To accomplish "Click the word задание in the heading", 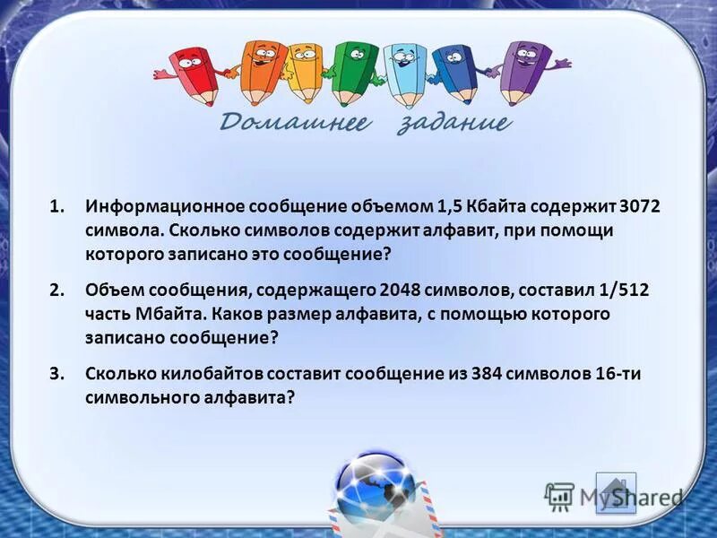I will coord(453,123).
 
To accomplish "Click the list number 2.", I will coord(56,291).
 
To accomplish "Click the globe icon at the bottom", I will coord(375,489).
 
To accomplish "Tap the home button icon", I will coord(615,492).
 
